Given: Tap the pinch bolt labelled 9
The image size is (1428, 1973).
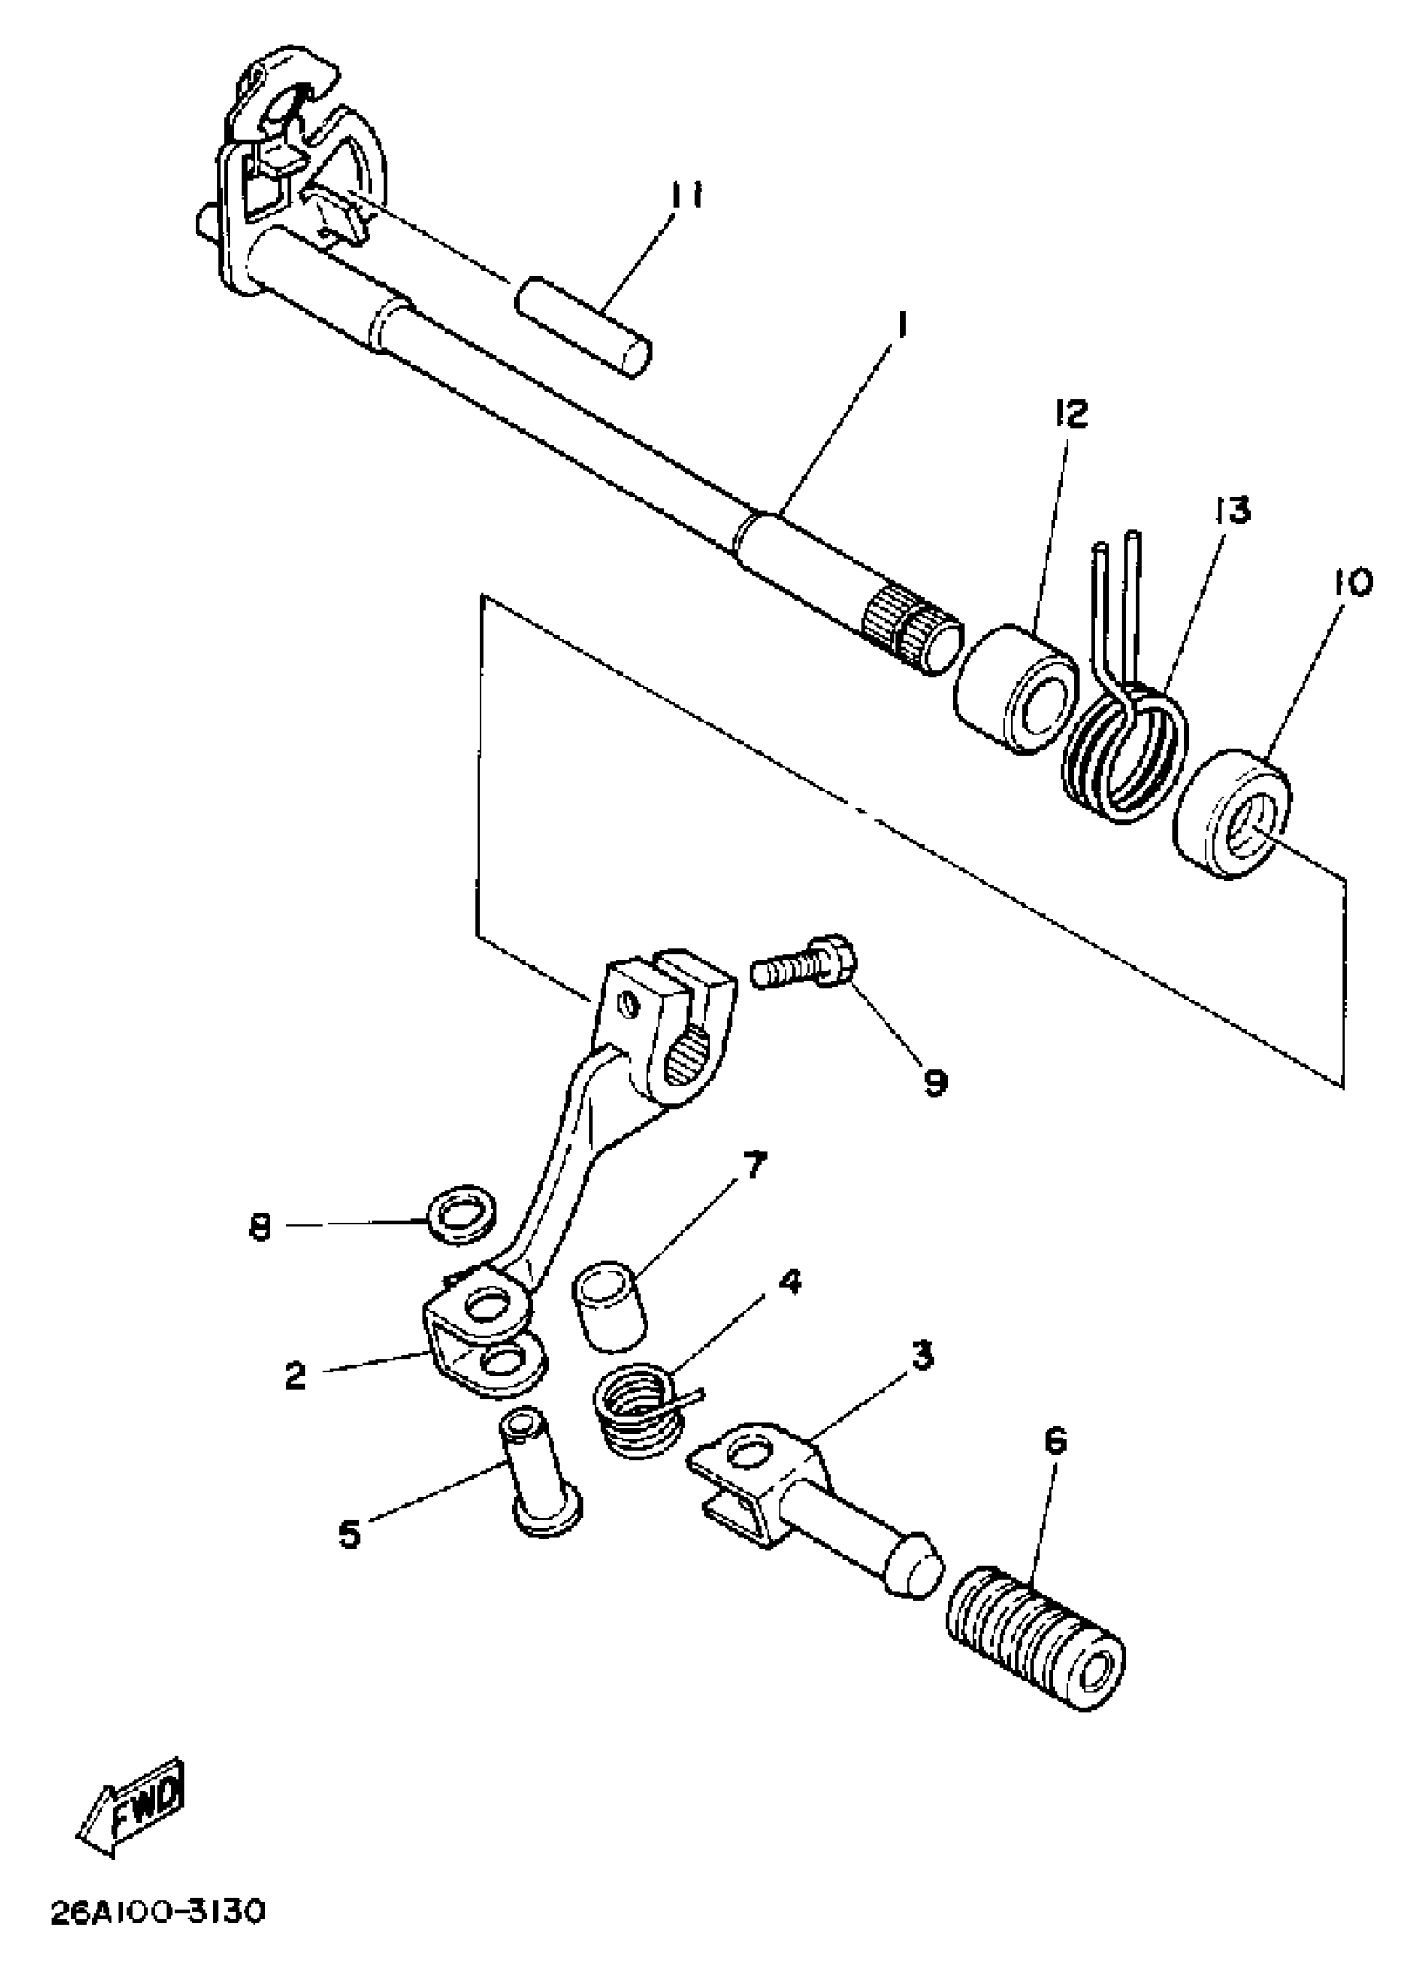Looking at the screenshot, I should [x=805, y=967].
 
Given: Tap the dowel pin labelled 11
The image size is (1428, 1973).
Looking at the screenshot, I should [x=584, y=325].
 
